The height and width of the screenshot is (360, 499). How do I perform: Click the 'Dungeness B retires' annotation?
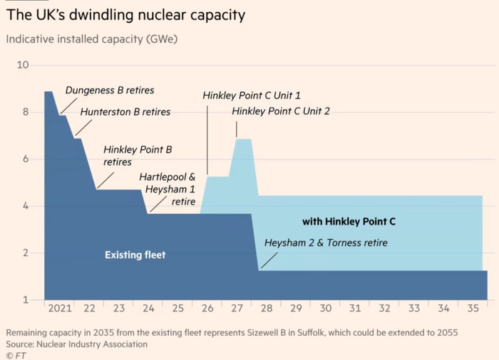click(110, 91)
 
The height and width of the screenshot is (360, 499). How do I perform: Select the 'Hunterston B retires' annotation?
click(125, 112)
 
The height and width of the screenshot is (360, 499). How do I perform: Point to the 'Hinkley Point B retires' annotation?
click(138, 155)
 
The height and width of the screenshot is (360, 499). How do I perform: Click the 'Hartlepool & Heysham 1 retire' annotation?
click(170, 188)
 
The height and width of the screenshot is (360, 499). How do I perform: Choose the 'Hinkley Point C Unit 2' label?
click(280, 111)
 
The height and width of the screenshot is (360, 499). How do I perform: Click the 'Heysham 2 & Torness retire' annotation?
click(326, 243)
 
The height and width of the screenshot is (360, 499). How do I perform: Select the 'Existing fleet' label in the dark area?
click(135, 254)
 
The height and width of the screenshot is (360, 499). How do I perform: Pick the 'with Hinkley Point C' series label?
click(349, 222)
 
